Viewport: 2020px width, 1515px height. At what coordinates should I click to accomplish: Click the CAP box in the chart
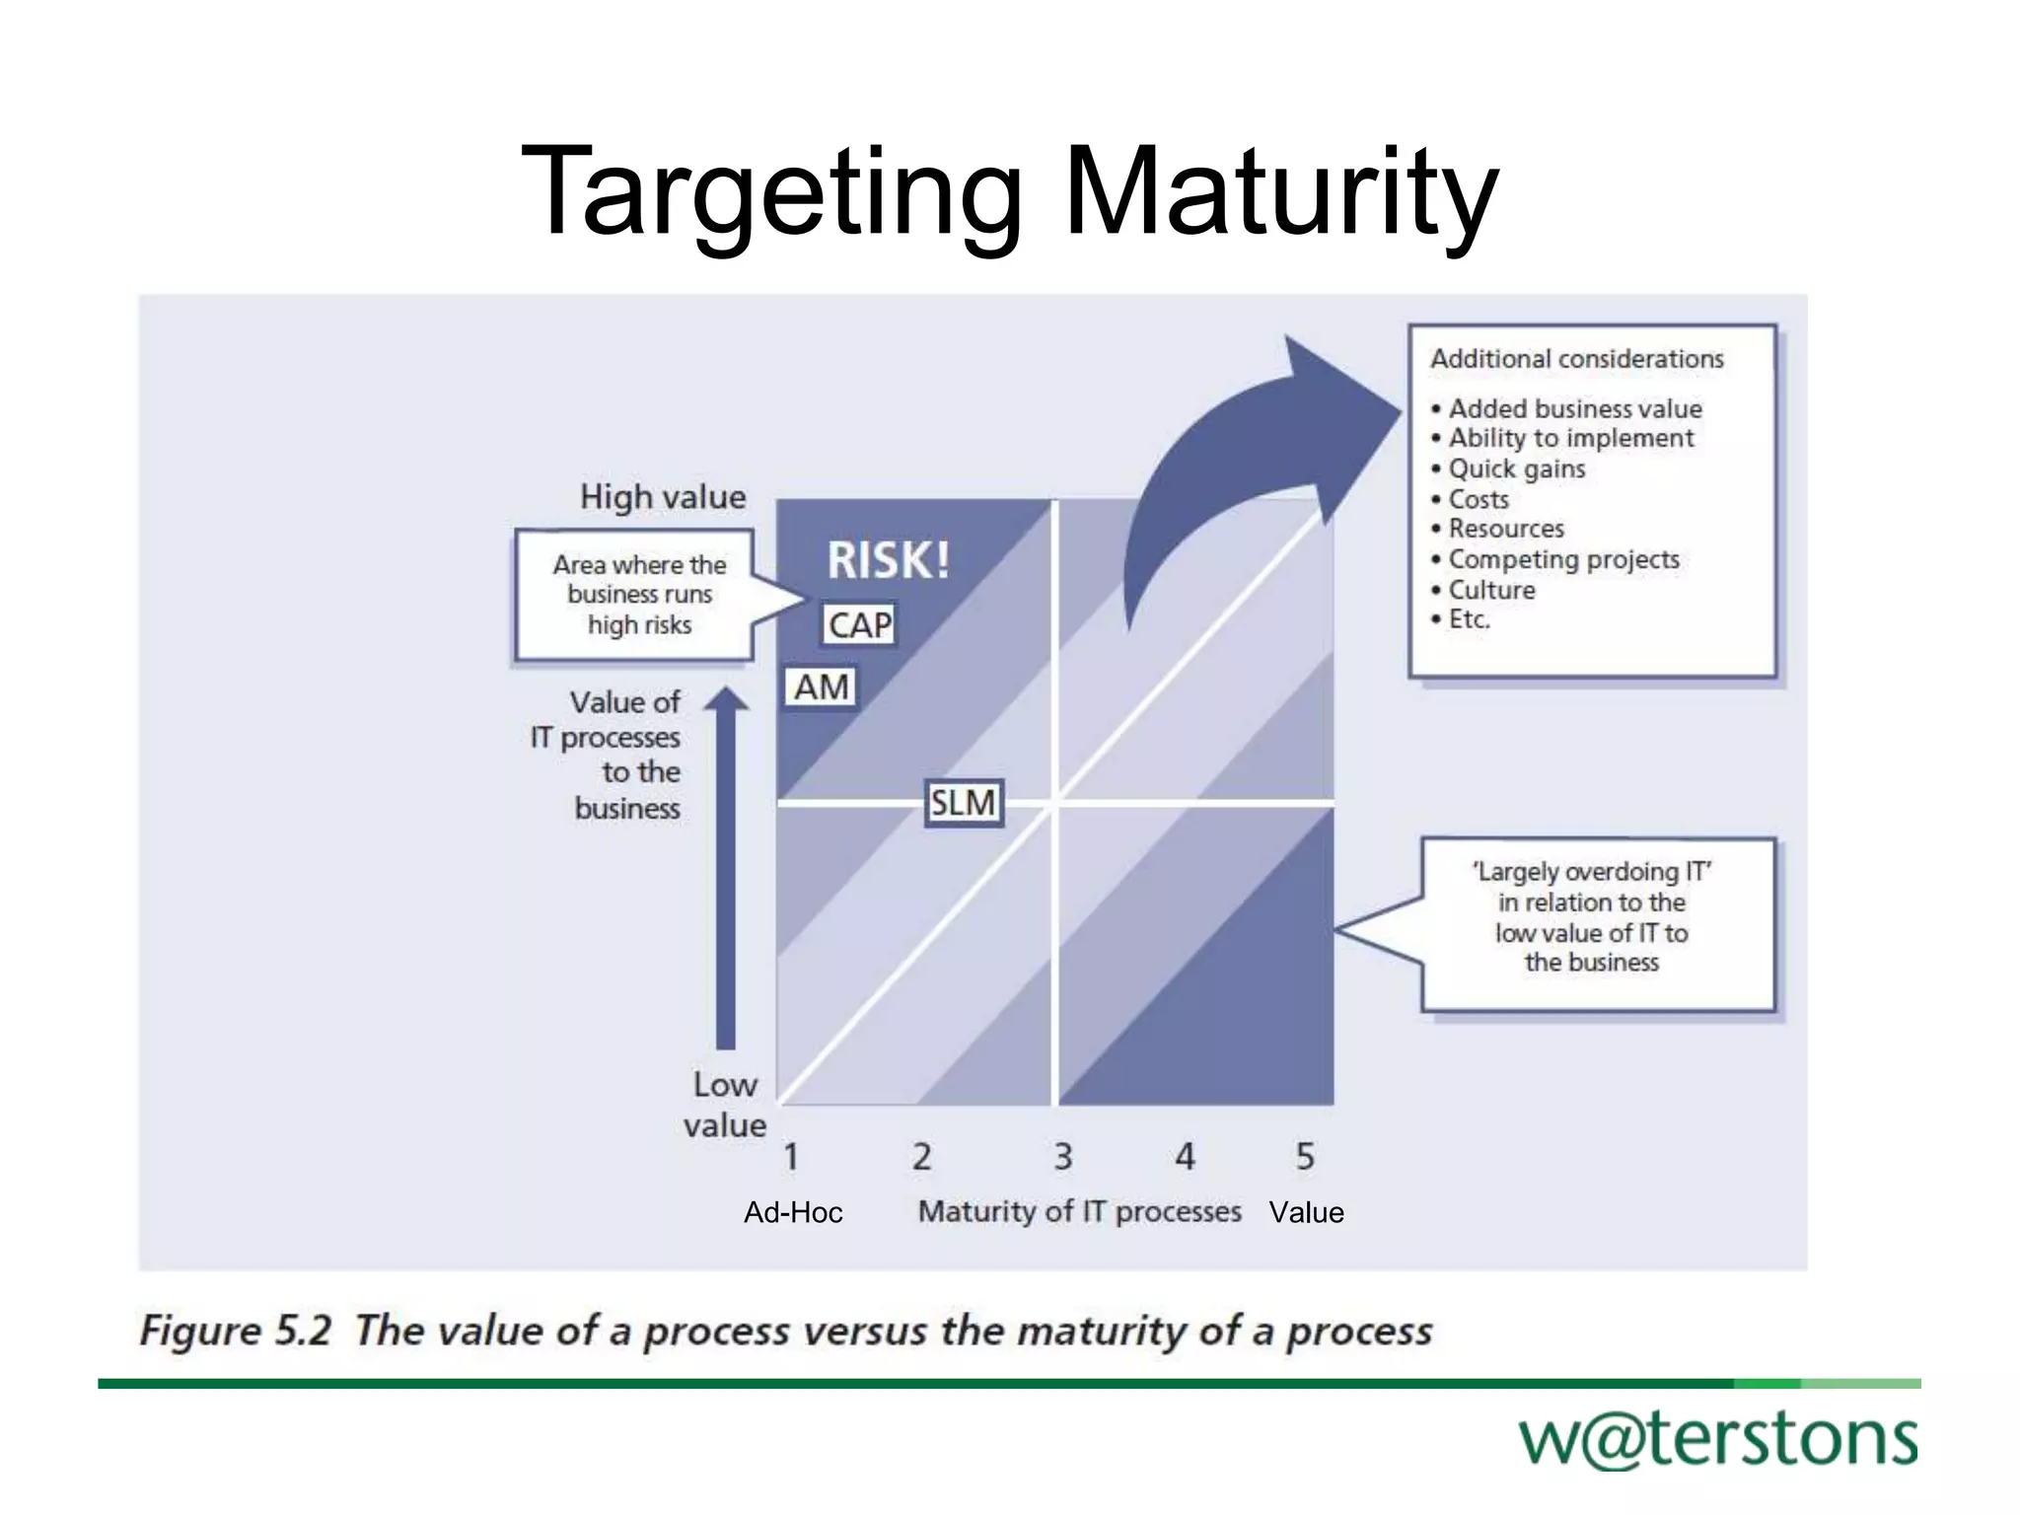click(859, 624)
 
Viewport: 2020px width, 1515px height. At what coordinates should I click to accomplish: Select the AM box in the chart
click(821, 686)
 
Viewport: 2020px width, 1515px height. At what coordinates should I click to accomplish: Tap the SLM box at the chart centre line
click(963, 802)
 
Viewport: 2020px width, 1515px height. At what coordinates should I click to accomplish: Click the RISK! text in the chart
click(888, 560)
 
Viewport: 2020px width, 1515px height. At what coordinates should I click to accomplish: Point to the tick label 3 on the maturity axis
click(1062, 1156)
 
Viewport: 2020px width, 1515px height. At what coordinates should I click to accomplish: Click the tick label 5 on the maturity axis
click(1304, 1156)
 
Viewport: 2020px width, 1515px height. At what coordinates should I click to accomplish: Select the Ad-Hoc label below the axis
click(793, 1212)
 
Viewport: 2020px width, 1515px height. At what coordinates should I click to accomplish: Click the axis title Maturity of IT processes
click(1079, 1211)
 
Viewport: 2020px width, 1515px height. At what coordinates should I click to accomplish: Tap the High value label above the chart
click(663, 497)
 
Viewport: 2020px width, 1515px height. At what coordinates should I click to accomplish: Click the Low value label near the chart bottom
click(725, 1105)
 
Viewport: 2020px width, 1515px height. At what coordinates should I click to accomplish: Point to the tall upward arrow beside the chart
click(726, 868)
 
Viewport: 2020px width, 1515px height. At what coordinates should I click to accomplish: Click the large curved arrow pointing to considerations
click(1243, 464)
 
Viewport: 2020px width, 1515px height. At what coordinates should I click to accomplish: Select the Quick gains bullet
click(1516, 469)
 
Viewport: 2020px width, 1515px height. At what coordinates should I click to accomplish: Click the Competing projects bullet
click(1563, 559)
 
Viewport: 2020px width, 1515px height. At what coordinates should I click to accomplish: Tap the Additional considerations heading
click(1576, 359)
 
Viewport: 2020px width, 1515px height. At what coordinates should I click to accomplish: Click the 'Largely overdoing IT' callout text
click(1591, 917)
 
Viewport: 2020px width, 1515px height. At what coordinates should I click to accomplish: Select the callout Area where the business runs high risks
click(639, 595)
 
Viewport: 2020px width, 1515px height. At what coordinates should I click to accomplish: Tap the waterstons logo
click(1718, 1440)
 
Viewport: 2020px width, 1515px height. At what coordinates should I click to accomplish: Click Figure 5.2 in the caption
click(235, 1331)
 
